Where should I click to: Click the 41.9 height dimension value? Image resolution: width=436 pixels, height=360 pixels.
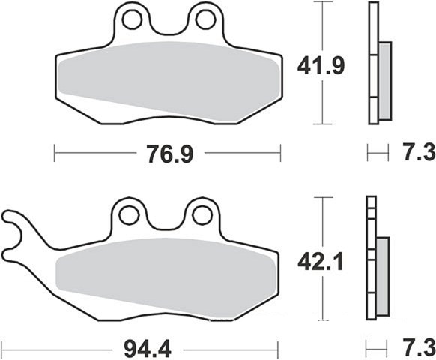[x=321, y=66]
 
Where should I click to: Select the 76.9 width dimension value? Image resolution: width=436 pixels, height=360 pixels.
[x=170, y=154]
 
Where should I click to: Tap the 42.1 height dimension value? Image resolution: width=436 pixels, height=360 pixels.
[x=321, y=262]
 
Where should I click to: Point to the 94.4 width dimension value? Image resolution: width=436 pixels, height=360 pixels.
[x=148, y=349]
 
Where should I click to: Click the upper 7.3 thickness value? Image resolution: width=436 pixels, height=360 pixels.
[x=420, y=152]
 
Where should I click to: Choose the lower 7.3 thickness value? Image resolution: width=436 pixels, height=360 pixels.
[x=420, y=348]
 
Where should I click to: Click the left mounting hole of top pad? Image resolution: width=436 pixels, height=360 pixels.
[x=133, y=19]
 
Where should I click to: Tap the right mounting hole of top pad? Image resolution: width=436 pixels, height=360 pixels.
[x=206, y=19]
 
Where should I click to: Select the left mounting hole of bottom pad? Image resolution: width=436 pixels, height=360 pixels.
[x=129, y=215]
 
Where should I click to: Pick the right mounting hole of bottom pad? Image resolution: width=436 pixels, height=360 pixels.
[x=202, y=215]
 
